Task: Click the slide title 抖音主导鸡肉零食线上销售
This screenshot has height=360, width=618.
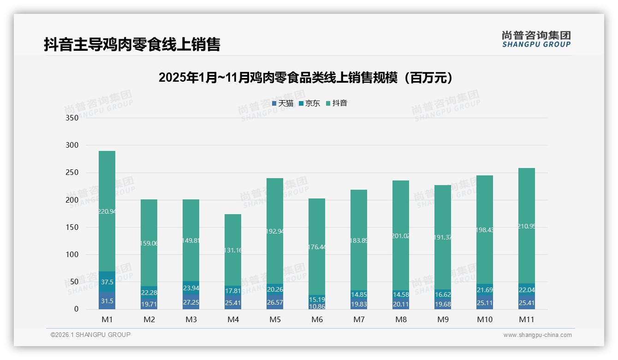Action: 132,44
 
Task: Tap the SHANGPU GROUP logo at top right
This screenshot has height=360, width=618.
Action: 536,39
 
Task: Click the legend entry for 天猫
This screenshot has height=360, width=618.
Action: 282,103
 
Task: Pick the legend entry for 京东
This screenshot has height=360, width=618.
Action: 309,103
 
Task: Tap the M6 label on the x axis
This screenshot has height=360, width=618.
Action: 317,319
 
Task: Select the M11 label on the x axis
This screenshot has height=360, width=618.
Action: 526,319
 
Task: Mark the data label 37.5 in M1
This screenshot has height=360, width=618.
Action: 107,282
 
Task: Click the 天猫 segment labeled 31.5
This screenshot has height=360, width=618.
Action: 107,301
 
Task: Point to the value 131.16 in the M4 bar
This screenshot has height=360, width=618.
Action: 233,250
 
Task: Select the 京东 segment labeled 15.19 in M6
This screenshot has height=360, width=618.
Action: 317,299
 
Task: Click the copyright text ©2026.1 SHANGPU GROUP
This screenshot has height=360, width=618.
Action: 90,335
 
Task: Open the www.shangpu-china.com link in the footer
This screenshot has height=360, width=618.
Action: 537,335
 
